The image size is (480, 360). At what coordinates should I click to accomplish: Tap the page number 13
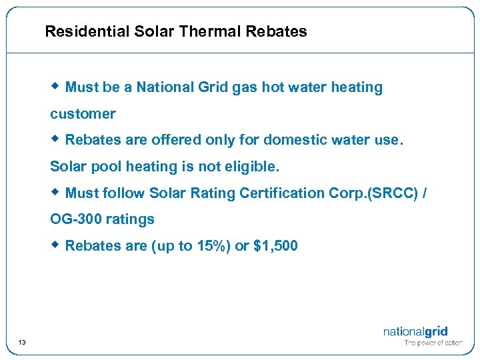(x=22, y=343)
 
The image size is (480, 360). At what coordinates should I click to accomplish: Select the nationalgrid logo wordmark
(x=415, y=331)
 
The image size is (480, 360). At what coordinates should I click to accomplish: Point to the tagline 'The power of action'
(x=434, y=343)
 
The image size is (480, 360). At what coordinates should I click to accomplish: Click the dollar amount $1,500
(x=276, y=246)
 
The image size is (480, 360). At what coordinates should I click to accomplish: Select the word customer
(x=83, y=114)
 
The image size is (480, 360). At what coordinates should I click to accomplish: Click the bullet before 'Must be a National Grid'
(x=57, y=86)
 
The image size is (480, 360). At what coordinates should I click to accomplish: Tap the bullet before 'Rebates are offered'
(x=57, y=139)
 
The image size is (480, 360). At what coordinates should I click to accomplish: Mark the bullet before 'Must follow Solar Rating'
(x=57, y=192)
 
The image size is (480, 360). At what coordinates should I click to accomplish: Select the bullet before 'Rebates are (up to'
(x=57, y=245)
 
